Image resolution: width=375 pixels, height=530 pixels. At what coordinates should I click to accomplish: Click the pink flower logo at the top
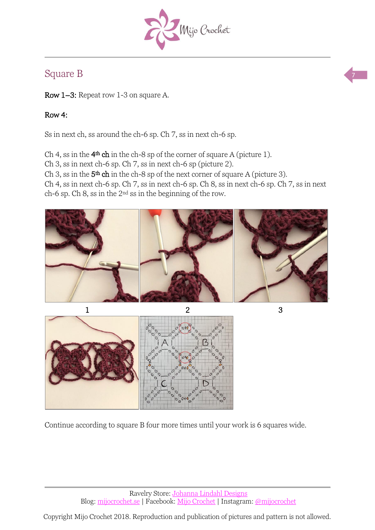pos(161,30)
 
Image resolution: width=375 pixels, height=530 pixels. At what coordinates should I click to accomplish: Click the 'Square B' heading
pos(64,74)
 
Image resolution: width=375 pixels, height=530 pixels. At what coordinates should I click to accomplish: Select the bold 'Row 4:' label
pos(56,115)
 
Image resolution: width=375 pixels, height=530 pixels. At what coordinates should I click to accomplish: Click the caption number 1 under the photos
pos(87,310)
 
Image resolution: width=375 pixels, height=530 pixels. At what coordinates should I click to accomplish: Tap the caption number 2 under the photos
pos(187,310)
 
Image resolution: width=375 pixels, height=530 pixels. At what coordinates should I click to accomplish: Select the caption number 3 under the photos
pos(280,310)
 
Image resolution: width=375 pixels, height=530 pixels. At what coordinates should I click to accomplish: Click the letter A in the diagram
pos(165,343)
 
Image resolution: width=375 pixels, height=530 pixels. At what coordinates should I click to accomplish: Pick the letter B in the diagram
pos(205,343)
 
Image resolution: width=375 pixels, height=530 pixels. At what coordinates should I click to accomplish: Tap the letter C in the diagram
pos(164,383)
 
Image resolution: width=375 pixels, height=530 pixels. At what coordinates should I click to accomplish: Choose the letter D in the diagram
pos(206,383)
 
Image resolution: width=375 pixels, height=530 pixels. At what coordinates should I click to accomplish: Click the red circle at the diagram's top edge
pos(185,328)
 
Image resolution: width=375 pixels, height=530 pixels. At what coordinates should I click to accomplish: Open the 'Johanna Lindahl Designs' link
pos(210,493)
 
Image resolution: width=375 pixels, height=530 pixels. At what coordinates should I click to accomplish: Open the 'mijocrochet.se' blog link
pos(118,501)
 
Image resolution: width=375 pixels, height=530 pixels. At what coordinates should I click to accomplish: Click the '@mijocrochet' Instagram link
pos(275,501)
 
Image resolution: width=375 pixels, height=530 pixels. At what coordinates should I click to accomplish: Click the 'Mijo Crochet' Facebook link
pos(196,501)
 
